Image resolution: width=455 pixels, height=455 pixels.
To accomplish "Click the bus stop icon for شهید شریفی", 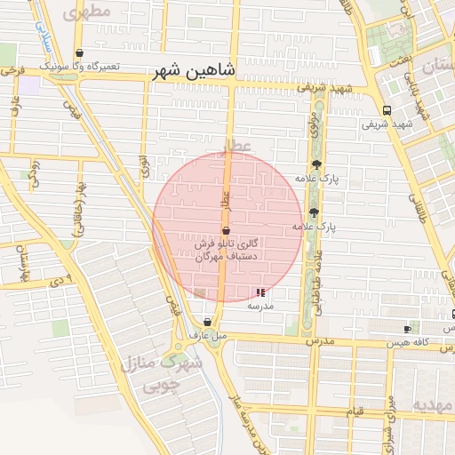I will point(387,110).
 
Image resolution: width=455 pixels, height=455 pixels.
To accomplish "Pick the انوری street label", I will point(146,168).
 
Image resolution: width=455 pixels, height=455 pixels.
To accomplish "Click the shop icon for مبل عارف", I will point(208,323).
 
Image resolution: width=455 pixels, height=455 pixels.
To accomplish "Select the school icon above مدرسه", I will point(260,292).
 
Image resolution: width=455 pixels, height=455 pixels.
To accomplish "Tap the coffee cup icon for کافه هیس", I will point(407,329).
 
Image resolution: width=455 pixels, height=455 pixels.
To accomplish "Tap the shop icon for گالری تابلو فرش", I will point(225,229).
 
